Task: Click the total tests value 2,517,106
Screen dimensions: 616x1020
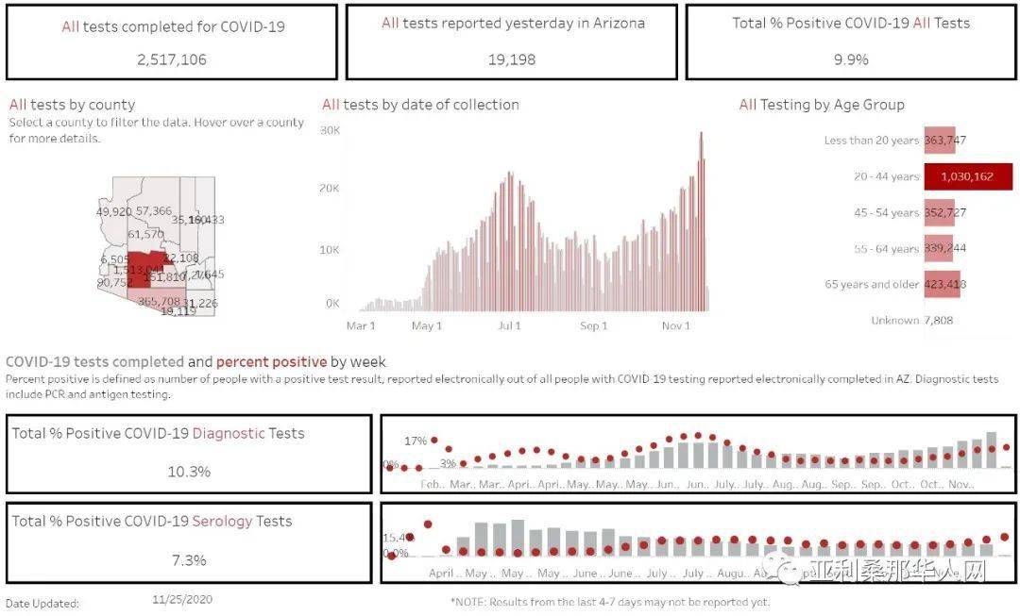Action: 171,59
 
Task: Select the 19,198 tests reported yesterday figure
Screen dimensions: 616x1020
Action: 512,59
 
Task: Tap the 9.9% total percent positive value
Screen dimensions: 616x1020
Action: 850,59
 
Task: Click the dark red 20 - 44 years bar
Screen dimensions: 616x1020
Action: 968,176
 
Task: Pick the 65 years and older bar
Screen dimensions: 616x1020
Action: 943,284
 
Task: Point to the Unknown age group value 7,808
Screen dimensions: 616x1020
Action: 938,321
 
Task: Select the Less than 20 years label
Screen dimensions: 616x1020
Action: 871,141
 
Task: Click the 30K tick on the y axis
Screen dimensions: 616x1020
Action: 330,130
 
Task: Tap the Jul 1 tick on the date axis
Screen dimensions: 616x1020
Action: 509,326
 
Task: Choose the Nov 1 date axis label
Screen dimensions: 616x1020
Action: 675,326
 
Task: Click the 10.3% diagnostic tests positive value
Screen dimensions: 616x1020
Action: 189,472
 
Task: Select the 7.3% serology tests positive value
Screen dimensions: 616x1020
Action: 189,560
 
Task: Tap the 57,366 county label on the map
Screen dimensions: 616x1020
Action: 154,211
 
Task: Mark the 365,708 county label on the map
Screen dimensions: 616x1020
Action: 159,302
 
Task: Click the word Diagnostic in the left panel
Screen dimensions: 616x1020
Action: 229,434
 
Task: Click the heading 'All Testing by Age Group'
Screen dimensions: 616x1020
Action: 821,105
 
